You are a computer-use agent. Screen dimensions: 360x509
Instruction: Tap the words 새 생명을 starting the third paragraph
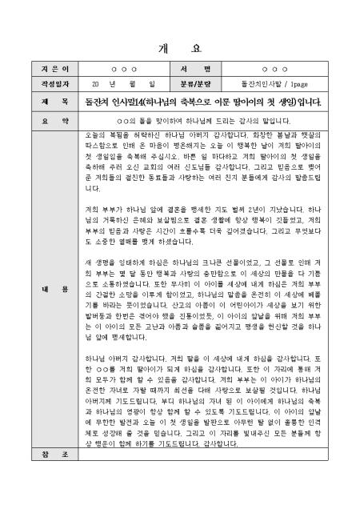(99, 261)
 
